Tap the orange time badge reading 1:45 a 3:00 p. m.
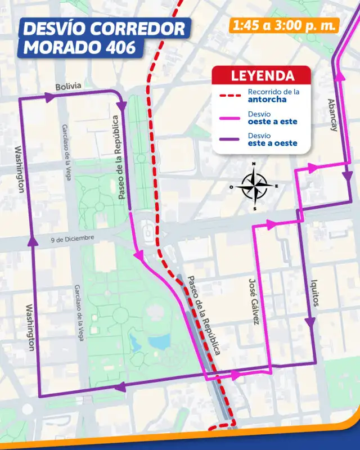tap(284, 25)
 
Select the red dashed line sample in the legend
tap(229, 96)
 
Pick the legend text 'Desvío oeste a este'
tap(272, 117)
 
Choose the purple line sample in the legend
tap(229, 139)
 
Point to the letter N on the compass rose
tap(254, 165)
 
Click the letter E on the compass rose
tap(276, 186)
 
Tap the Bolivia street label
tap(68, 86)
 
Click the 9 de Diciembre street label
tap(71, 238)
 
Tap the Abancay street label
tap(333, 116)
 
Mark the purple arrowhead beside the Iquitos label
tap(309, 322)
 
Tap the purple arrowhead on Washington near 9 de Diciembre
tap(30, 242)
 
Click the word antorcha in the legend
tap(267, 100)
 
